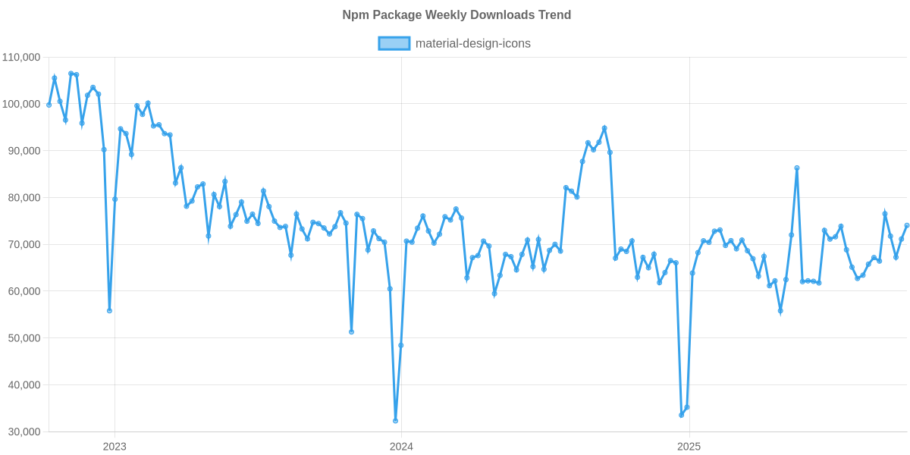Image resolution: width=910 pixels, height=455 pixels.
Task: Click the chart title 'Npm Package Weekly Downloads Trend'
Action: click(456, 15)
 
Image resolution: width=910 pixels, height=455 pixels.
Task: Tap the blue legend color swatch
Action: click(394, 43)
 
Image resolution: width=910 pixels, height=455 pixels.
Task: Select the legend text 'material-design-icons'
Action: click(473, 43)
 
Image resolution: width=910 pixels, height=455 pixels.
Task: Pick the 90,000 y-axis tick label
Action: click(23, 151)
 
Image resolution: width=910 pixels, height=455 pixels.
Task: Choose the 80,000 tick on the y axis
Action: click(23, 198)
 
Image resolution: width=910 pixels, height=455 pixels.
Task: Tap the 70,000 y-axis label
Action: click(23, 245)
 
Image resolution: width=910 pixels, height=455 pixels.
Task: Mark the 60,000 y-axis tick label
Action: click(23, 291)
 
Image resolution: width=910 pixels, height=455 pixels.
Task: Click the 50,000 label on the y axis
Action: click(23, 338)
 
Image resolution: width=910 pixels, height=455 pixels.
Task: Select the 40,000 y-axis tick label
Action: click(23, 385)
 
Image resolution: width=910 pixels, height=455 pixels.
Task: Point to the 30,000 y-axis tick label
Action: click(23, 431)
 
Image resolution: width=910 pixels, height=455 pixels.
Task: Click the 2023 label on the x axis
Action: click(115, 446)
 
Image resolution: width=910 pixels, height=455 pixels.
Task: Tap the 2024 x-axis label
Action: click(401, 446)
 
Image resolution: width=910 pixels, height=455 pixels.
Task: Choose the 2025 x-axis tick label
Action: click(688, 446)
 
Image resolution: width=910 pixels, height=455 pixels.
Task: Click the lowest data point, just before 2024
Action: click(395, 421)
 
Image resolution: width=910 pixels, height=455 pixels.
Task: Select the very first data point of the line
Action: click(49, 105)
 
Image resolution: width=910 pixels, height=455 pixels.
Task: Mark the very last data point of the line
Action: click(906, 224)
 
